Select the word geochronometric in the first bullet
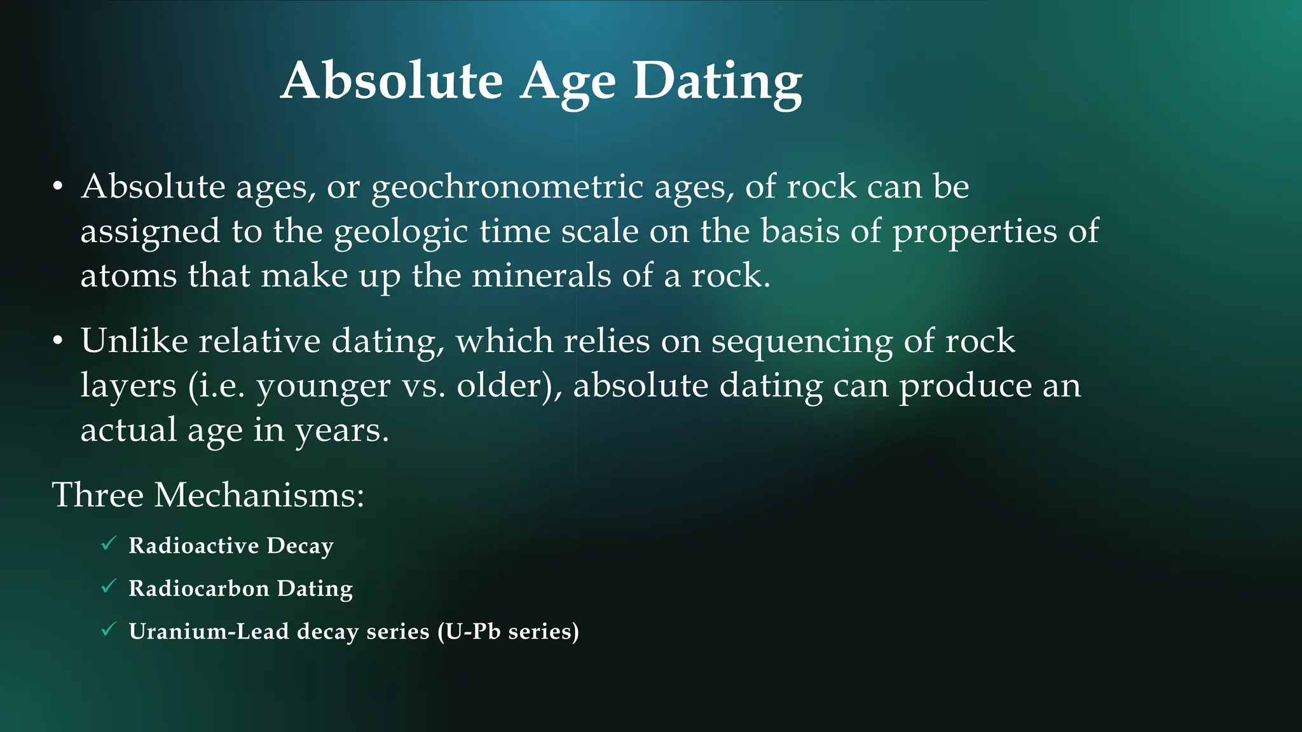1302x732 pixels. pyautogui.click(x=507, y=187)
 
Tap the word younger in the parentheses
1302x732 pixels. pyautogui.click(x=323, y=386)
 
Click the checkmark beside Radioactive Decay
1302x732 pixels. pyautogui.click(x=109, y=543)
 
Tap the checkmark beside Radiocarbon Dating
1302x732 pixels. pyautogui.click(x=109, y=586)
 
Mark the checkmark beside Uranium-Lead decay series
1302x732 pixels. pyautogui.click(x=109, y=629)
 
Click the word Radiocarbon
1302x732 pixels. pyautogui.click(x=199, y=588)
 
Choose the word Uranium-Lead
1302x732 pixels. pyautogui.click(x=209, y=631)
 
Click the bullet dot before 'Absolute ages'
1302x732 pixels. pyautogui.click(x=58, y=187)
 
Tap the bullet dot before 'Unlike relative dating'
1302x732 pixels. pyautogui.click(x=58, y=341)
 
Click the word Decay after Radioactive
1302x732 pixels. pyautogui.click(x=300, y=546)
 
